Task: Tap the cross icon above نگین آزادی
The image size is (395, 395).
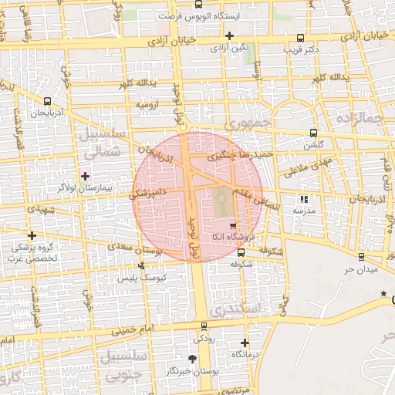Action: point(229,35)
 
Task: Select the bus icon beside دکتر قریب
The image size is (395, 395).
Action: point(300,38)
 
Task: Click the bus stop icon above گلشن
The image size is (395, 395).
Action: point(312,132)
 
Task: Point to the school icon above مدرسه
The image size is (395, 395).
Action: point(302,199)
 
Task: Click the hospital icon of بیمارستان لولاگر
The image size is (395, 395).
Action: point(85,176)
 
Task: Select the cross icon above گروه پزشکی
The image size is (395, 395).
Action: point(32,235)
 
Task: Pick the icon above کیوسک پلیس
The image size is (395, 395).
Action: point(140,266)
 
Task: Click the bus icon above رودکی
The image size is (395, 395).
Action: point(204,326)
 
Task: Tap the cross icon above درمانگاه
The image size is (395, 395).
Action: point(245,343)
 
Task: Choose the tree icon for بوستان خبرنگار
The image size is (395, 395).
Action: point(192,359)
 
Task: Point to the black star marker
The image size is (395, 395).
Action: point(384,293)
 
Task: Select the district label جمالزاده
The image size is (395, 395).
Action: point(360,119)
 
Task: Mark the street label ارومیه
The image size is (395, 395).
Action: point(149,103)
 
